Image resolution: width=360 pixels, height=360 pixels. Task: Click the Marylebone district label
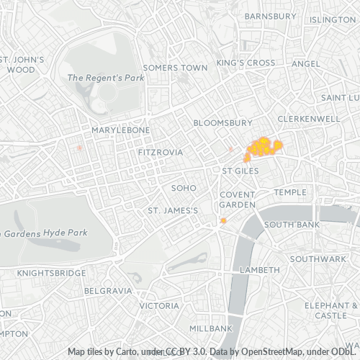(x=120, y=130)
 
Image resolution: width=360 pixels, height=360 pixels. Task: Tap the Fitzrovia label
(x=160, y=153)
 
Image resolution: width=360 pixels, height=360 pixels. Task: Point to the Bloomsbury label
(x=223, y=123)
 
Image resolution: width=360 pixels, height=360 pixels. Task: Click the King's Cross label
(x=246, y=63)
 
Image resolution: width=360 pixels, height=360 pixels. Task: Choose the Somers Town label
(x=170, y=68)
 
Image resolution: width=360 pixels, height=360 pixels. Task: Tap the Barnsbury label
(x=270, y=16)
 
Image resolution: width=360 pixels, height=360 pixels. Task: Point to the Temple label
(x=289, y=192)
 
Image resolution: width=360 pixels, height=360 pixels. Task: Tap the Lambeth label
(x=259, y=269)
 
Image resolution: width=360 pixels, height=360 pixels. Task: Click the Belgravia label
(x=108, y=291)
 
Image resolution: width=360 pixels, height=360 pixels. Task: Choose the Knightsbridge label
(x=45, y=274)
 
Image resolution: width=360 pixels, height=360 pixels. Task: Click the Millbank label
(x=211, y=328)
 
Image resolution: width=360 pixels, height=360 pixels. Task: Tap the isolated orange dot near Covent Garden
(x=223, y=220)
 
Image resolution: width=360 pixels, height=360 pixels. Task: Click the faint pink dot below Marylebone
(x=79, y=147)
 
